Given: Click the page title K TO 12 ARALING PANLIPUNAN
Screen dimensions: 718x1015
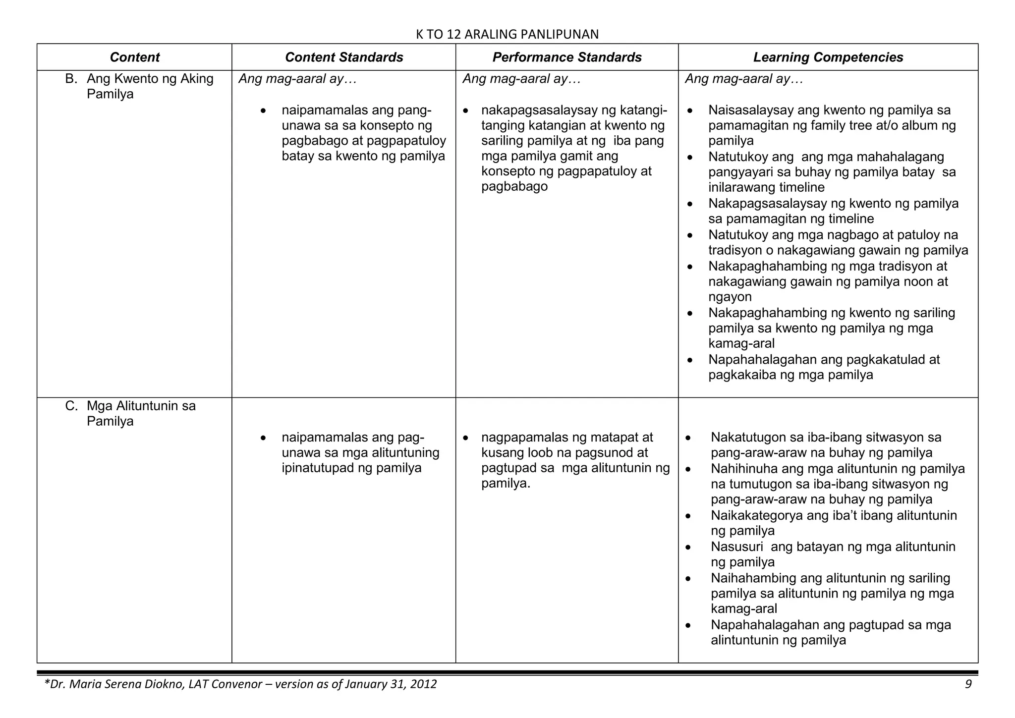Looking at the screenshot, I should (x=507, y=34).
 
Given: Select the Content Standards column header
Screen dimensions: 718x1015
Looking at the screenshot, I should (x=344, y=57).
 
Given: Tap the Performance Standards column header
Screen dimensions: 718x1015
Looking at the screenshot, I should (x=567, y=57).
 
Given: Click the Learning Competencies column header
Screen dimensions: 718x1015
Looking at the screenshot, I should (x=828, y=57).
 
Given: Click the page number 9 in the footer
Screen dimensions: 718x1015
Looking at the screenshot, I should (x=968, y=684).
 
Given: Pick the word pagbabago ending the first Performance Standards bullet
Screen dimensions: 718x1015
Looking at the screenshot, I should (x=514, y=187).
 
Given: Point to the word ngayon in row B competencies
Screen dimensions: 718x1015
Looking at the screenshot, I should (x=730, y=297).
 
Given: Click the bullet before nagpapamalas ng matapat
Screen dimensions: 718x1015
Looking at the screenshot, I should (x=466, y=438).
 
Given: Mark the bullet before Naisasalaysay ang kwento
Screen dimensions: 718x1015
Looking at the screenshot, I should (x=690, y=110).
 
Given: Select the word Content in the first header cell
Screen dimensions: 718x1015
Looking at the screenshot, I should (x=135, y=57).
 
